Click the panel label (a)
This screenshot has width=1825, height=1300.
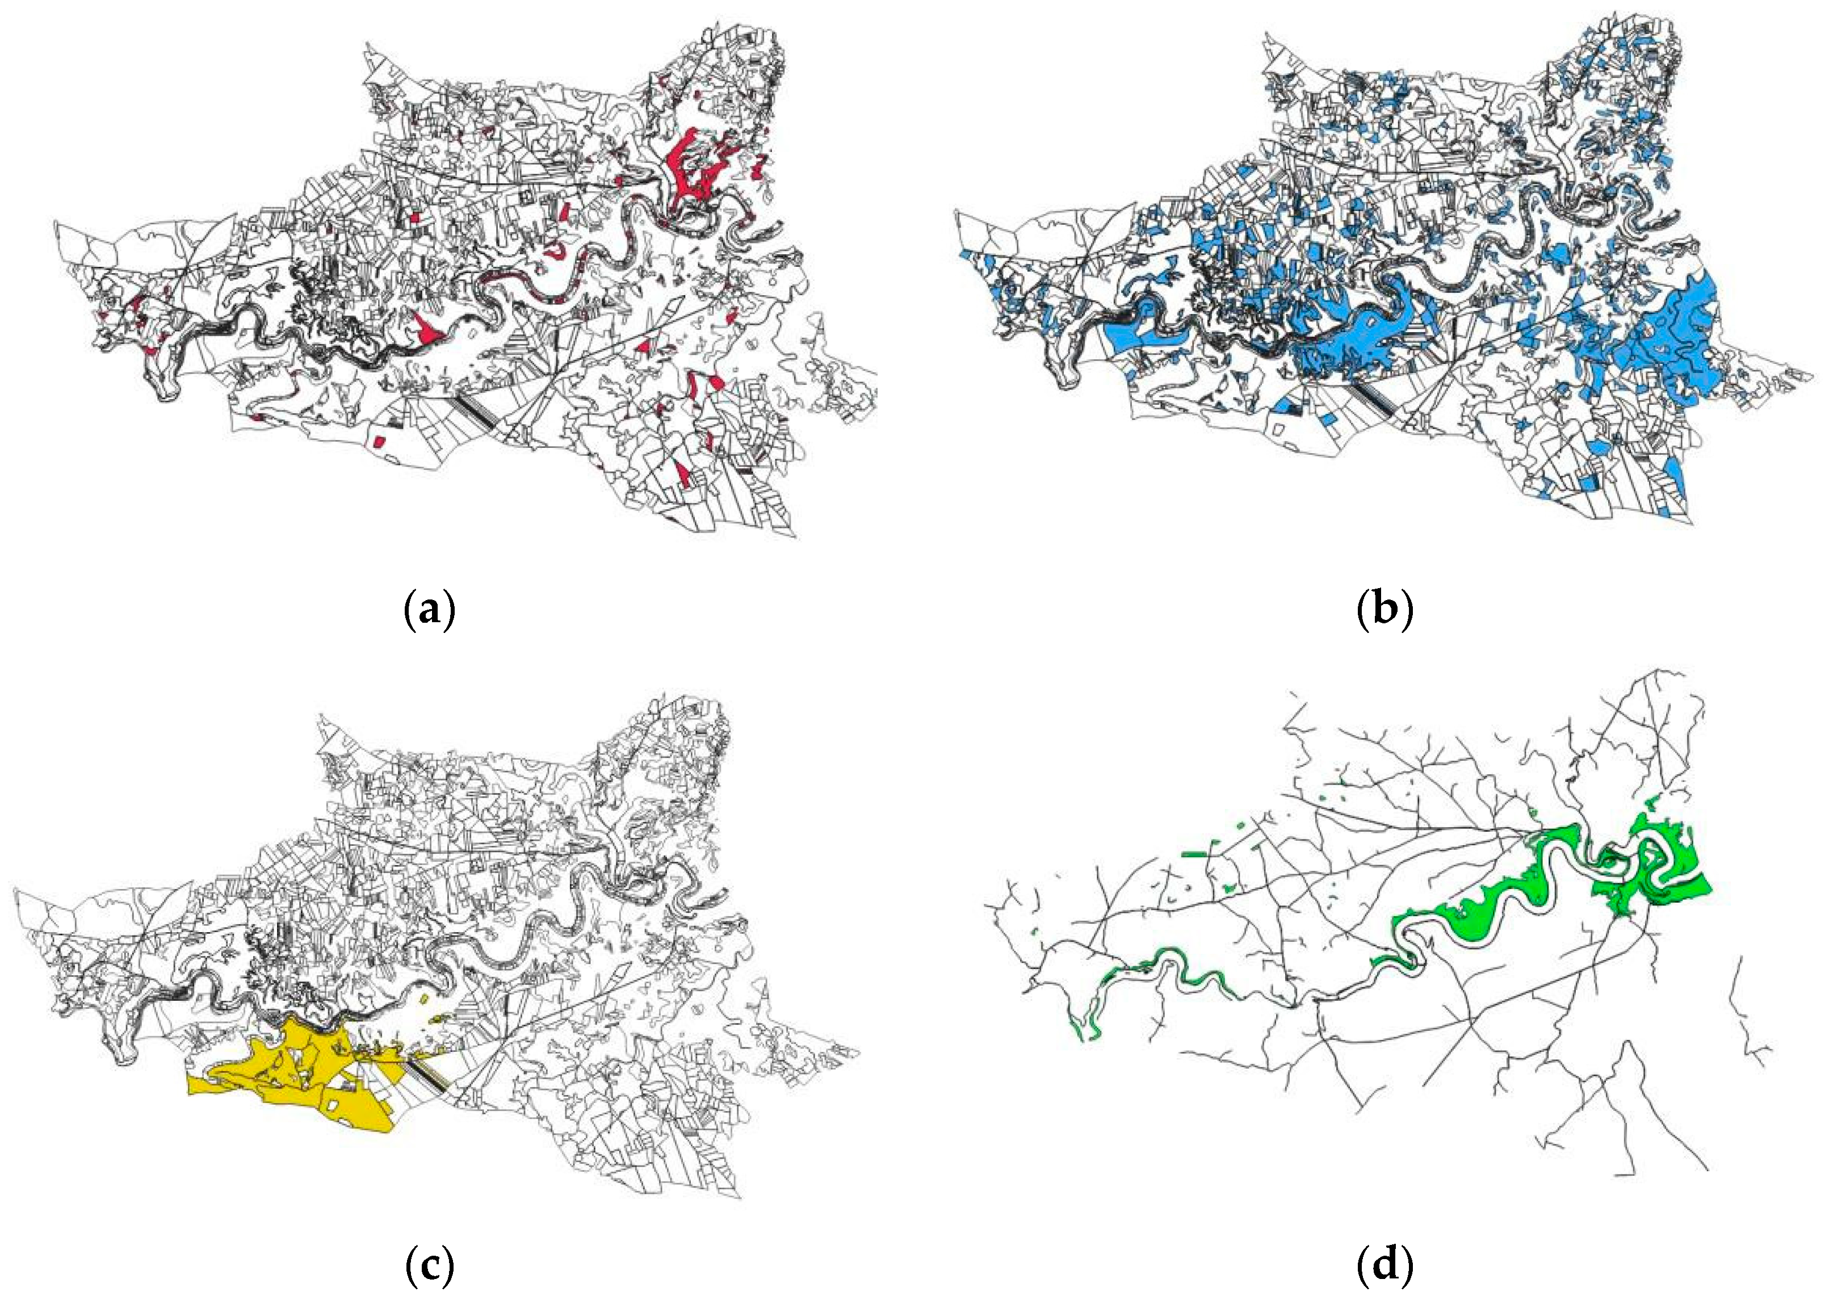coord(431,611)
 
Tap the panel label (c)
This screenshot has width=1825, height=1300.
coord(431,1265)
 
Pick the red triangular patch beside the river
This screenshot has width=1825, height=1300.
coord(427,330)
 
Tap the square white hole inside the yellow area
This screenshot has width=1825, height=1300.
coord(329,1105)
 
